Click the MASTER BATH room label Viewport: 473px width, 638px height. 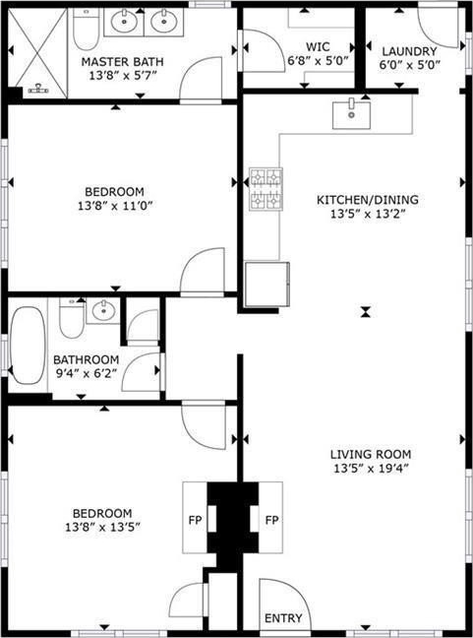[122, 62]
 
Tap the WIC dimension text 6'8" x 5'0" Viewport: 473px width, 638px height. [319, 61]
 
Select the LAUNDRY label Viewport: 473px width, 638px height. [410, 51]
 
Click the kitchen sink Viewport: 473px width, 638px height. [351, 115]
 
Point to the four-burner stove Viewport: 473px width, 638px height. [266, 190]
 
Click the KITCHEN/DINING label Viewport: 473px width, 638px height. [368, 200]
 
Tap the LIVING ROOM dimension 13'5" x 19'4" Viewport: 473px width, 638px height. [371, 469]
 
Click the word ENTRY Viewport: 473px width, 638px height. [283, 618]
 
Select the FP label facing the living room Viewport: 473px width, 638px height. [271, 520]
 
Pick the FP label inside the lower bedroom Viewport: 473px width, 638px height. [195, 520]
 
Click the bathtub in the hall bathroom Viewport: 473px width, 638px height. [28, 345]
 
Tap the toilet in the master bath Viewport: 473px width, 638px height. [86, 29]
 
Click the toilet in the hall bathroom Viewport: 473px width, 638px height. [72, 318]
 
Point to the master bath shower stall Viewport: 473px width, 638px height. [37, 53]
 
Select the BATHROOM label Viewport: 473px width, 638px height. [87, 359]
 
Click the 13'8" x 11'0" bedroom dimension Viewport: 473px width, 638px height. [115, 206]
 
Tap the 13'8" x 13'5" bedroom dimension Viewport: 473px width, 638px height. [103, 527]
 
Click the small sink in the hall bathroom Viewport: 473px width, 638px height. [103, 311]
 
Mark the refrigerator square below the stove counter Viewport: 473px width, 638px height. [267, 284]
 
